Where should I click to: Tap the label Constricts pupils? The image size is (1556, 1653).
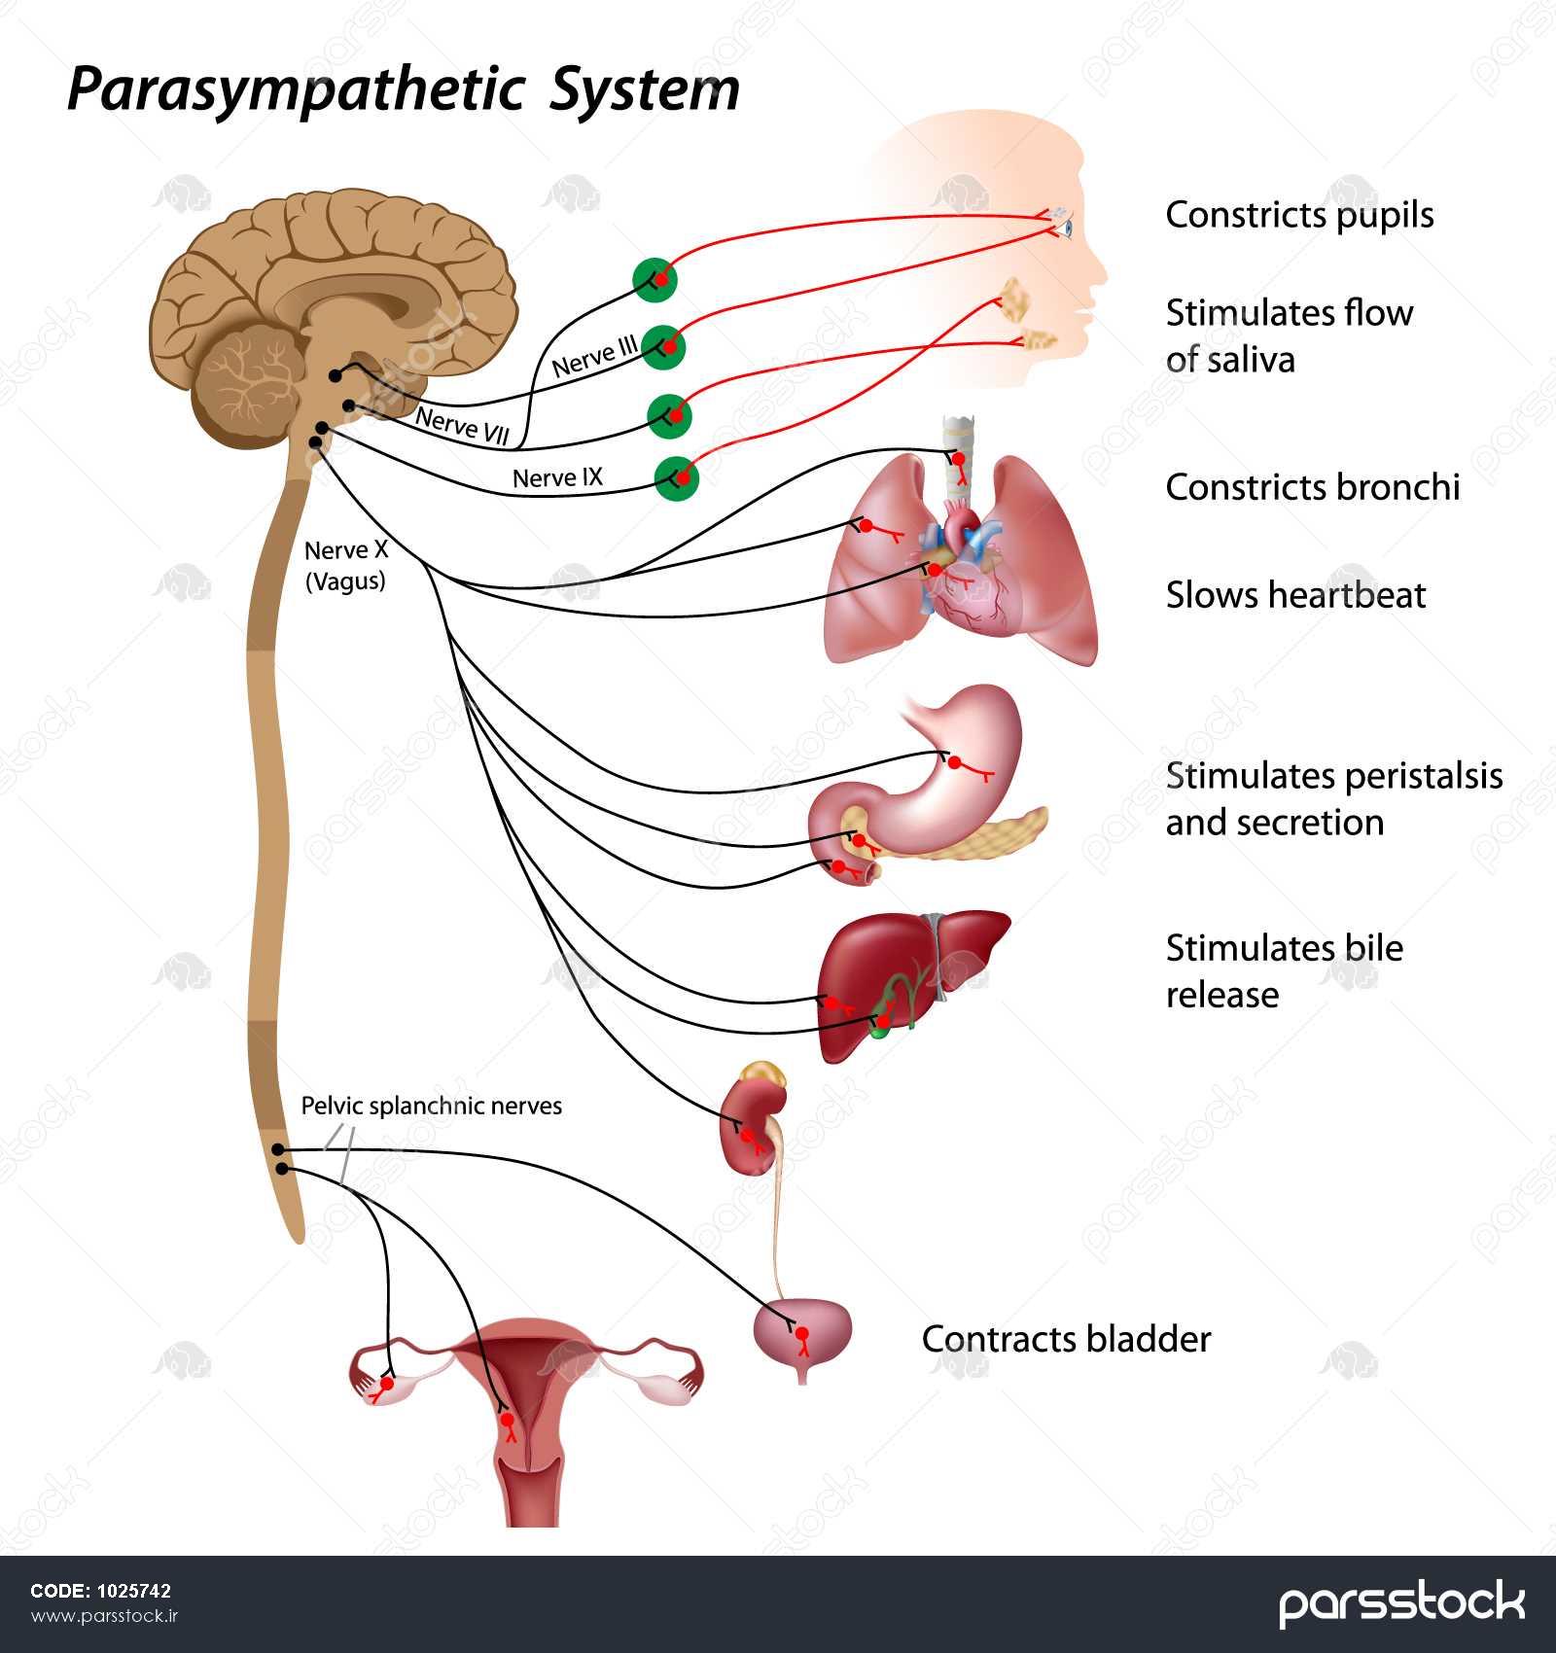pyautogui.click(x=1299, y=215)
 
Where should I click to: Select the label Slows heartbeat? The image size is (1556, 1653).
pyautogui.click(x=1295, y=595)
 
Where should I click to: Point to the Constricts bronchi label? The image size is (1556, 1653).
pyautogui.click(x=1312, y=487)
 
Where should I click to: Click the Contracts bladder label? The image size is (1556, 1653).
pyautogui.click(x=1066, y=1339)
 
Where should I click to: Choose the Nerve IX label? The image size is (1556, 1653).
pyautogui.click(x=557, y=477)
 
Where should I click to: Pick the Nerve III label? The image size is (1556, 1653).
pyautogui.click(x=594, y=357)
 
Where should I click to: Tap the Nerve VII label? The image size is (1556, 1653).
pyautogui.click(x=462, y=426)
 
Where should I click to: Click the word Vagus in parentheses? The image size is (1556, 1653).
pyautogui.click(x=346, y=581)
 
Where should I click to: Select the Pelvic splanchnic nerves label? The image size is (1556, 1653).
pyautogui.click(x=431, y=1106)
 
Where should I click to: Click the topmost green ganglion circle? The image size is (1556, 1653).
pyautogui.click(x=654, y=280)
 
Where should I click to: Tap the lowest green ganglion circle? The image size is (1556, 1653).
pyautogui.click(x=677, y=477)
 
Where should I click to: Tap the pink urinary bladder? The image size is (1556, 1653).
pyautogui.click(x=803, y=1332)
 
